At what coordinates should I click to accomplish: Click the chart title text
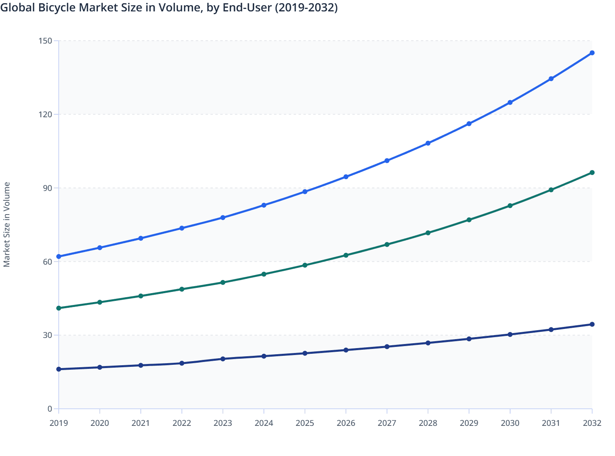pyautogui.click(x=169, y=8)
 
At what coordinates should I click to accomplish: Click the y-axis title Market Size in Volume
pyautogui.click(x=7, y=224)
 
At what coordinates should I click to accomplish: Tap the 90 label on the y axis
pyautogui.click(x=48, y=188)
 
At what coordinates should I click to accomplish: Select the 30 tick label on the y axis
pyautogui.click(x=48, y=335)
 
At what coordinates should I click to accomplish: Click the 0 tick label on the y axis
pyautogui.click(x=50, y=409)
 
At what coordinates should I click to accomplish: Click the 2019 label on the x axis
pyautogui.click(x=59, y=423)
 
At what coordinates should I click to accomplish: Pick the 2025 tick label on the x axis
pyautogui.click(x=305, y=423)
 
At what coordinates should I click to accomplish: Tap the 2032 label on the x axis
pyautogui.click(x=592, y=423)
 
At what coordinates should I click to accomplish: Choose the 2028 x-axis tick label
pyautogui.click(x=428, y=423)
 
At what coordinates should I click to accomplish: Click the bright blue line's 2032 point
pyautogui.click(x=592, y=53)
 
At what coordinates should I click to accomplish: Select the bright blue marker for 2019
pyautogui.click(x=59, y=256)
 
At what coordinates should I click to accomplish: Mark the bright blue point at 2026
pyautogui.click(x=346, y=177)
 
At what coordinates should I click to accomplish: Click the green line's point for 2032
pyautogui.click(x=592, y=173)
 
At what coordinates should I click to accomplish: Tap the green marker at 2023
pyautogui.click(x=223, y=282)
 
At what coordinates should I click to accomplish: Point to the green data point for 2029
pyautogui.click(x=469, y=220)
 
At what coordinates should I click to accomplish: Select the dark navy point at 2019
pyautogui.click(x=59, y=369)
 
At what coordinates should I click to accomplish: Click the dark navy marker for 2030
pyautogui.click(x=510, y=334)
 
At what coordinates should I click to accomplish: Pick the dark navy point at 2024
pyautogui.click(x=264, y=356)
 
